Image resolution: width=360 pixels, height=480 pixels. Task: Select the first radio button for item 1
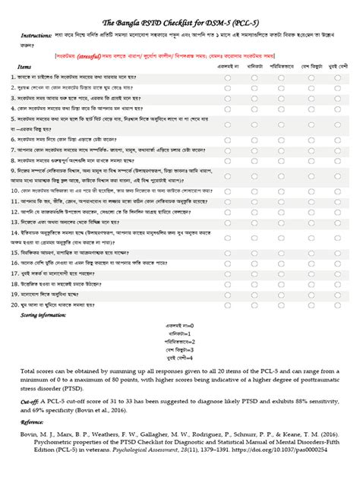coord(229,77)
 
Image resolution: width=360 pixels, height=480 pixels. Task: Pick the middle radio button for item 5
coord(281,120)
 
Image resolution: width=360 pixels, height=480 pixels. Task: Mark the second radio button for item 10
coord(255,191)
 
